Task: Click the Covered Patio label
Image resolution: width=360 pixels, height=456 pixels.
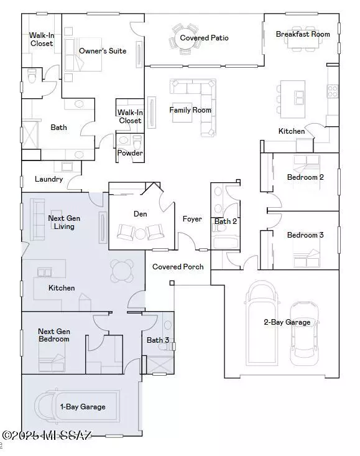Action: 204,38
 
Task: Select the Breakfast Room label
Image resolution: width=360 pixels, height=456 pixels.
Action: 303,34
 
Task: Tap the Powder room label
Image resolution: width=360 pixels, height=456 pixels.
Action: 130,153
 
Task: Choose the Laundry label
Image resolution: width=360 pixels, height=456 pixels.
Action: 48,179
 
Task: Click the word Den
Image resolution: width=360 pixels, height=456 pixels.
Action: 140,213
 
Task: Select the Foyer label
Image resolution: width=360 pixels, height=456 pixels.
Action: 192,219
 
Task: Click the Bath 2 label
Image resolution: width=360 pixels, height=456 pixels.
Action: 225,221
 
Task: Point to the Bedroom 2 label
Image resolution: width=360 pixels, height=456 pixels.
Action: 305,177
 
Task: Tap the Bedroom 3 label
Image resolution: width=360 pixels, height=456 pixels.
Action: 305,235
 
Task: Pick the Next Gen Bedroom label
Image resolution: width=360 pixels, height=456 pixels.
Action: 53,335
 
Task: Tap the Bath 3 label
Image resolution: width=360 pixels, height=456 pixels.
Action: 157,340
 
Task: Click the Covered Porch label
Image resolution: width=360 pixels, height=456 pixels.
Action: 178,267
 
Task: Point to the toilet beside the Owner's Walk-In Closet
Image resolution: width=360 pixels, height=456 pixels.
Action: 31,77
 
